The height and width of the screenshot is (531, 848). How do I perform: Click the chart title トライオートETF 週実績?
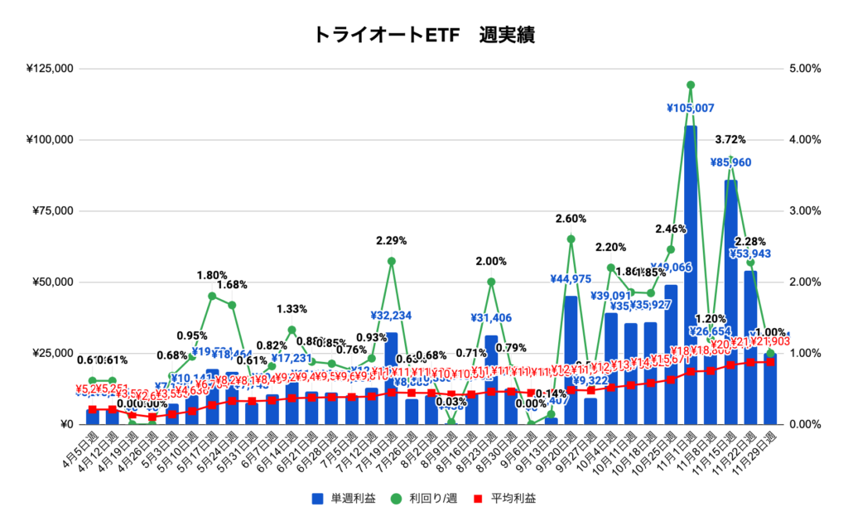pos(424,35)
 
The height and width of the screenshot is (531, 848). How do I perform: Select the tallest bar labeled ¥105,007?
pos(691,273)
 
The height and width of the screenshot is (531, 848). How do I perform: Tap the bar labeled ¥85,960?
pos(730,302)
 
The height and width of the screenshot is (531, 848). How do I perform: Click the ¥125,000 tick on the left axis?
pos(51,69)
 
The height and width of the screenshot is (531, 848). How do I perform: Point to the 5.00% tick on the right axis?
pos(801,69)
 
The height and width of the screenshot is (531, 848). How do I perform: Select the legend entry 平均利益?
pos(505,499)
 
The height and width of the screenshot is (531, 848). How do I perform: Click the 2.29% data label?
pos(392,241)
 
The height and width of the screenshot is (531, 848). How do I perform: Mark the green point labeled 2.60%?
pos(571,239)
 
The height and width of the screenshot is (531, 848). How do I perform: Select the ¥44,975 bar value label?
pos(571,278)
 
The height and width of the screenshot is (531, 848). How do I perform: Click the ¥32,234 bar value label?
pos(392,315)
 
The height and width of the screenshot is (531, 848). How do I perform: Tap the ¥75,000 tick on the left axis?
pos(51,211)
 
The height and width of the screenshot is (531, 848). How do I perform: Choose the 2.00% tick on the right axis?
pos(801,282)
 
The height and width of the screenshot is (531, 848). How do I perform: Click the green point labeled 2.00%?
pos(491,282)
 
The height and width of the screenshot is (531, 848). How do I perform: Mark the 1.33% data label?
pos(291,309)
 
